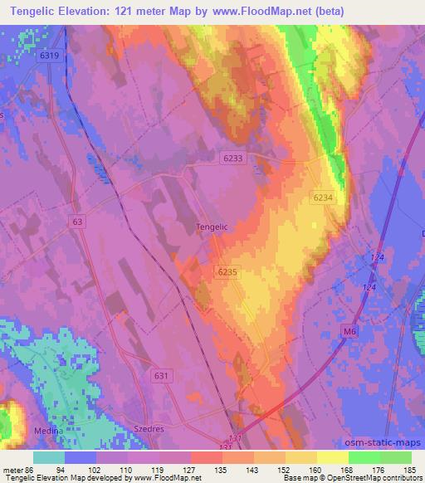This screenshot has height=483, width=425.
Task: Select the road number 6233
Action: tap(234, 157)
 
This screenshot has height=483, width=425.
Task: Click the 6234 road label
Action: tap(325, 197)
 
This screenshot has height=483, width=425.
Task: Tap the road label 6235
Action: tap(228, 271)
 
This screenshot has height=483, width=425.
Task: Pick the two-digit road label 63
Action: tap(78, 222)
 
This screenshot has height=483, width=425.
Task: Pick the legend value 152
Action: tap(286, 470)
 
